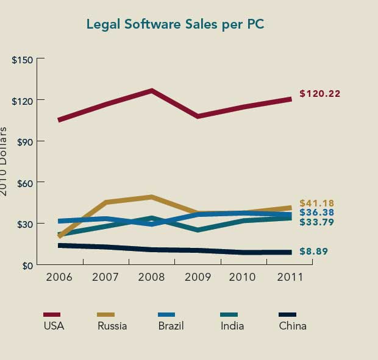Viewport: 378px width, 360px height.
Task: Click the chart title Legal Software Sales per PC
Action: (174, 25)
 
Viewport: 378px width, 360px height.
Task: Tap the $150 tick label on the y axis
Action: (24, 60)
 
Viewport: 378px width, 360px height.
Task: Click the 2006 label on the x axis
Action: (59, 278)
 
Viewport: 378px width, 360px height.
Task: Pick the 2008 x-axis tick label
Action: (151, 278)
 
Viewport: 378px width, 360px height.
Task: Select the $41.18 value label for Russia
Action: (317, 203)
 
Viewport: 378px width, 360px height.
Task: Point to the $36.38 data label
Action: (317, 213)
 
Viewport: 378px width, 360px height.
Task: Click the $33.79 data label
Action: (317, 222)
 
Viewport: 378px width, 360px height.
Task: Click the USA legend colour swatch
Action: (52, 314)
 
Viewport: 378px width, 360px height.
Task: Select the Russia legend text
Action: (112, 326)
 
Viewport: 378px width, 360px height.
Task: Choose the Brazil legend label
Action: (171, 326)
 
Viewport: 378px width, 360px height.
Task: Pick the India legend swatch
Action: (229, 314)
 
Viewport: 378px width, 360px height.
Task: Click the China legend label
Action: (293, 326)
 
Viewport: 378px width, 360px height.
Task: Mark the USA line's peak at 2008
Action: (151, 91)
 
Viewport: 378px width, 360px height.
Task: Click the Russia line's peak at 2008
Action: (151, 197)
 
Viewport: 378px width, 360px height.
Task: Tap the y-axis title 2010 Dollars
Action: (5, 161)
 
